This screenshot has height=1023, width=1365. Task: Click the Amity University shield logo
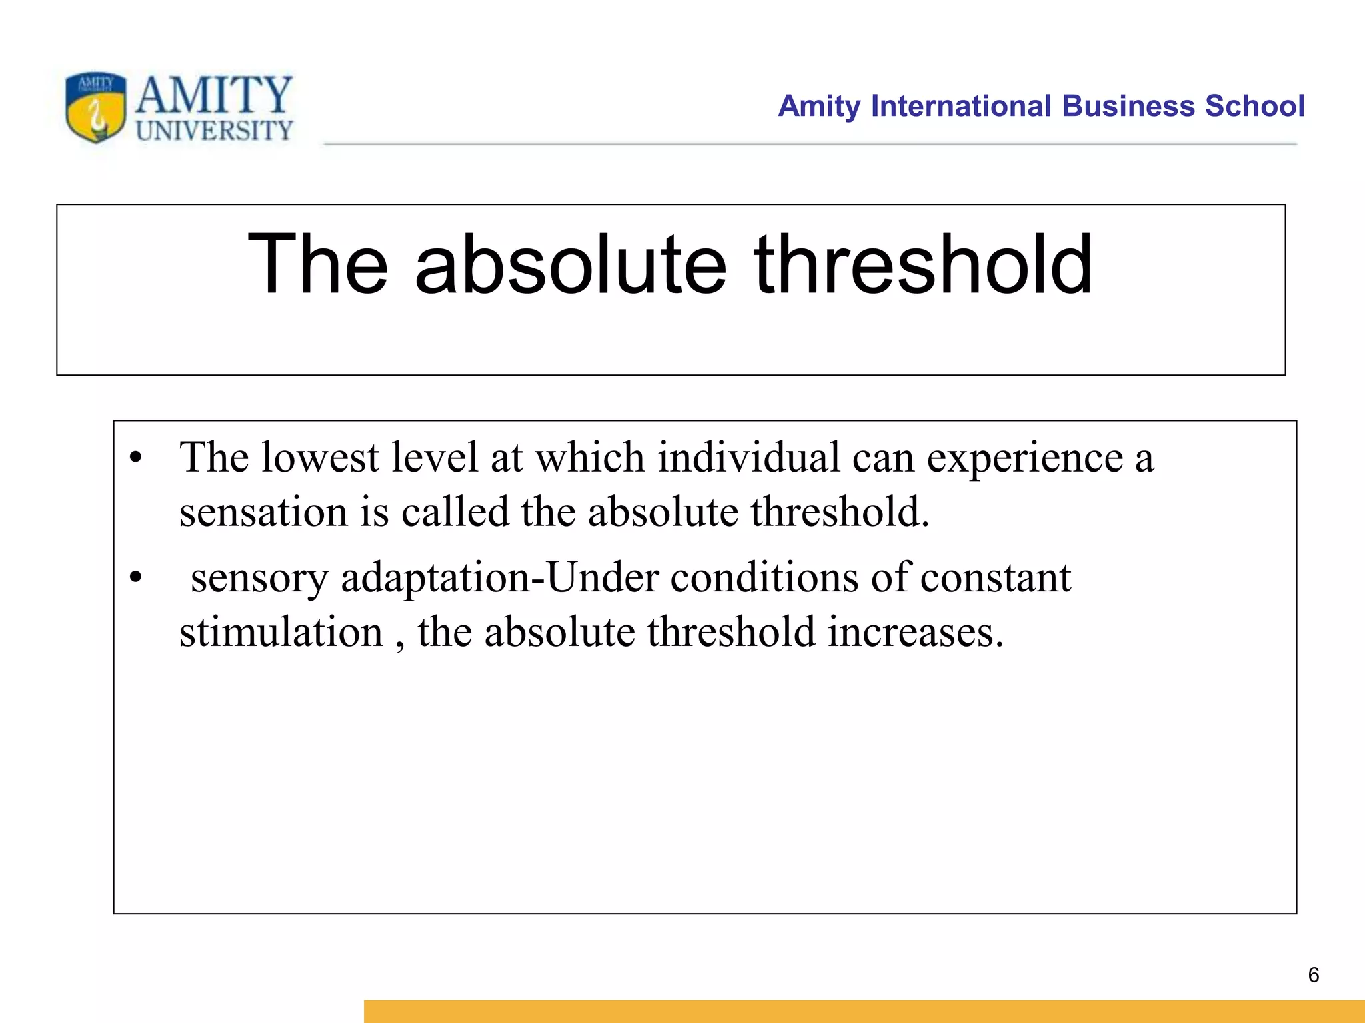click(96, 107)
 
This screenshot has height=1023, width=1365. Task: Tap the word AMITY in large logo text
click(214, 95)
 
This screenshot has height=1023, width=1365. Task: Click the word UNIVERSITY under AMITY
click(214, 131)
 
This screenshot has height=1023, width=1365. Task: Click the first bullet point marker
click(136, 458)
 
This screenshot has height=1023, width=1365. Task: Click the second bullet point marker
click(136, 578)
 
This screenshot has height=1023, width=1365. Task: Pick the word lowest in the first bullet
click(320, 458)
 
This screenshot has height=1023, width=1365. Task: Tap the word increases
click(916, 633)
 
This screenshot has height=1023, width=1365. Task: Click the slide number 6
click(1314, 975)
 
